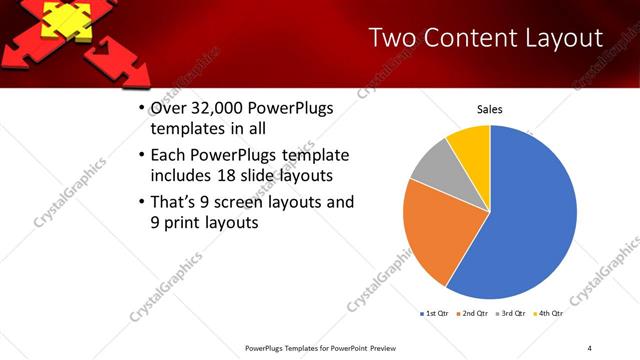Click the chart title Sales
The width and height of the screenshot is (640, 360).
pos(489,109)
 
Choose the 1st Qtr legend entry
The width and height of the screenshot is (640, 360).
pos(436,313)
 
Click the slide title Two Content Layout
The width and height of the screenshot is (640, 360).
pos(485,39)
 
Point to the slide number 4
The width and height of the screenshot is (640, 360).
pos(589,348)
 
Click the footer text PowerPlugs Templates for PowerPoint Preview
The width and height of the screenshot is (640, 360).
pos(315,348)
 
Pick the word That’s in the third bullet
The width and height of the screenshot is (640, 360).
pos(175,202)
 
